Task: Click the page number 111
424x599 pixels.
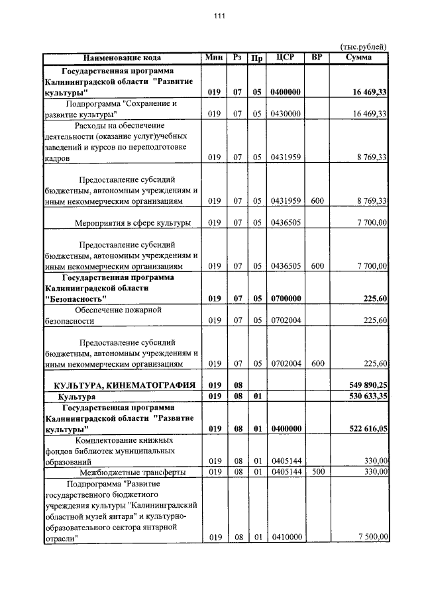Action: point(211,17)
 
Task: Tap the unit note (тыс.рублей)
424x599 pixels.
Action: point(363,46)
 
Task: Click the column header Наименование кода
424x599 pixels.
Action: point(122,58)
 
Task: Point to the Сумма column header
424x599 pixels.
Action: point(358,58)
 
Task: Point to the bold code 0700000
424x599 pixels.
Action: point(286,299)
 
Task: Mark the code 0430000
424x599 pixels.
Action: point(286,114)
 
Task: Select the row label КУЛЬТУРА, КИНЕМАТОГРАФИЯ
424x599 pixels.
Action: point(119,385)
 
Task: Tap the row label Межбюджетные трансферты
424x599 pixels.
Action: point(132,472)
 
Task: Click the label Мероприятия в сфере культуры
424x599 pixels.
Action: point(133,223)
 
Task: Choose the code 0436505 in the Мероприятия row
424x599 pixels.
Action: point(286,223)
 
